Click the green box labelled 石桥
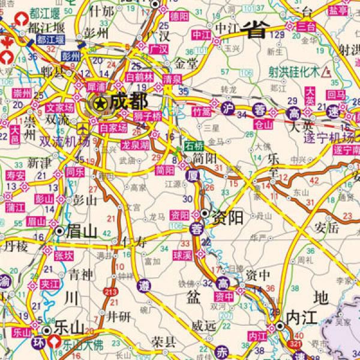194,144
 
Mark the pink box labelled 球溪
182,255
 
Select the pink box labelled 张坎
64,255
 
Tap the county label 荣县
162,343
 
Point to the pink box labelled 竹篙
203,112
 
